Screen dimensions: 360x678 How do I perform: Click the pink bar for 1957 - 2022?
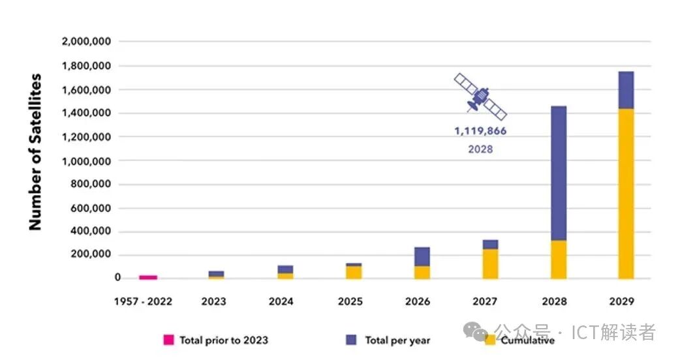pyautogui.click(x=148, y=277)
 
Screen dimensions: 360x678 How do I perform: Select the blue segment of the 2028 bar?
pyautogui.click(x=559, y=173)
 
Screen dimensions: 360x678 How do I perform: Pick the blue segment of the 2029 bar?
pyautogui.click(x=626, y=90)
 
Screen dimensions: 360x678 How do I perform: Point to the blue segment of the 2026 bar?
pyautogui.click(x=422, y=256)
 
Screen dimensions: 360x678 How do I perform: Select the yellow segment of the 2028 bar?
pyautogui.click(x=559, y=260)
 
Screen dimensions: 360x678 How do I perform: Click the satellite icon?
pyautogui.click(x=480, y=97)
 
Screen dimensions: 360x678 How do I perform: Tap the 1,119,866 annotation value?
pyautogui.click(x=480, y=131)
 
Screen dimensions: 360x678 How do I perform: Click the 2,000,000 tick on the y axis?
pyautogui.click(x=86, y=42)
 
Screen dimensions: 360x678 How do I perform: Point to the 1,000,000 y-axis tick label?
pyautogui.click(x=86, y=161)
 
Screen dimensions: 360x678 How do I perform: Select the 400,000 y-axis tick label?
pyautogui.click(x=91, y=232)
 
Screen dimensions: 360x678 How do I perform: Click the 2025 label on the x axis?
pyautogui.click(x=350, y=301)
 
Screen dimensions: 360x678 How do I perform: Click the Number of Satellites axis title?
pyautogui.click(x=35, y=151)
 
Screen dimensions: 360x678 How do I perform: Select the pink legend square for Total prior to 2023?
pyautogui.click(x=168, y=340)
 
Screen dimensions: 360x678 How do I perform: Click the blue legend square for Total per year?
pyautogui.click(x=351, y=340)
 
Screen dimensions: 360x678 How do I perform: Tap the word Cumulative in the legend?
pyautogui.click(x=529, y=340)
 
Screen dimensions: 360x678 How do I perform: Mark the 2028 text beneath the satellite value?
pyautogui.click(x=480, y=149)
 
